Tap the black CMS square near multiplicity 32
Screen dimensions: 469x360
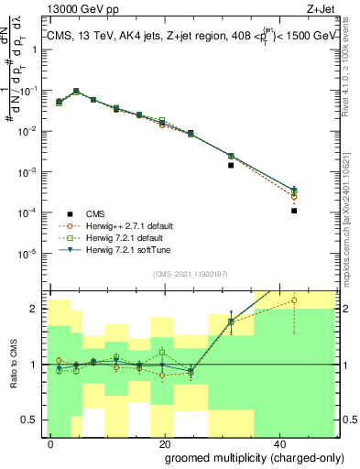click(231, 166)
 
